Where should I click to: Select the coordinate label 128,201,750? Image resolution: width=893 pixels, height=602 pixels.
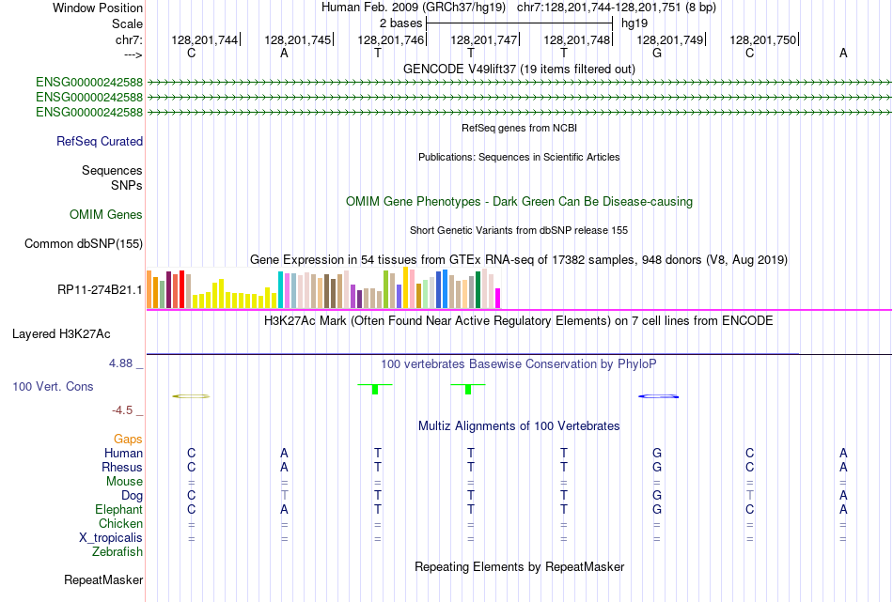pos(762,39)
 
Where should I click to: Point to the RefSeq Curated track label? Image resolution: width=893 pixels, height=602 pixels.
pos(100,142)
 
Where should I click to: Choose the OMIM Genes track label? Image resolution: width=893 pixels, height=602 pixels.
pos(106,215)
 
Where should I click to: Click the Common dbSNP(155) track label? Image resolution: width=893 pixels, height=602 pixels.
pos(84,244)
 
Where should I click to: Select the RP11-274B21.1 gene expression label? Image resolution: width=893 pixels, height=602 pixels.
pos(100,289)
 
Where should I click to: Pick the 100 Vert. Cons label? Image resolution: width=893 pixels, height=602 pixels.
pos(53,386)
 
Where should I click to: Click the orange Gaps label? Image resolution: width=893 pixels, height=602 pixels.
pos(128,440)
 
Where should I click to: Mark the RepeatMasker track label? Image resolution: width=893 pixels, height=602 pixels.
pos(102,580)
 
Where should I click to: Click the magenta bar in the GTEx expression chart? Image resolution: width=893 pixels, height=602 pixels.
pos(498,298)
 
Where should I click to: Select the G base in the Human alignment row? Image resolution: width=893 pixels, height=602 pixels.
pos(657,454)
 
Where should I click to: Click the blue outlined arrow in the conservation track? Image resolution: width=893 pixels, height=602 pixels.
pos(658,396)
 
